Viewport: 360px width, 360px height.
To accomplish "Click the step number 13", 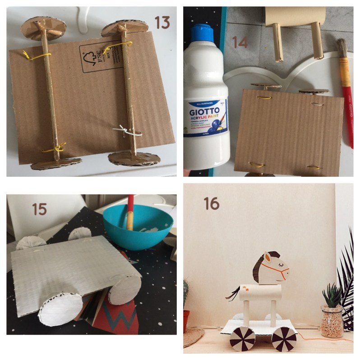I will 162,22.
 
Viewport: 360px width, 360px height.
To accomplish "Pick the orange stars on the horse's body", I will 246,287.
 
